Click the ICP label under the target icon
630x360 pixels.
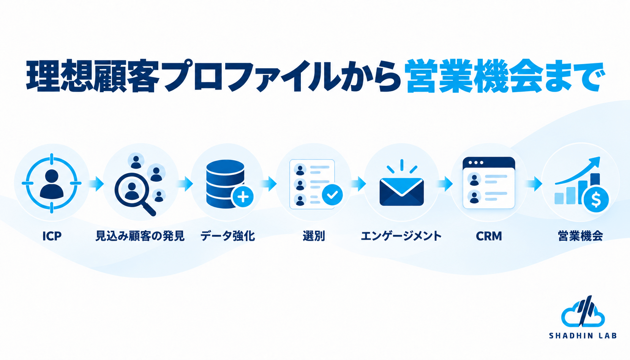[52, 236]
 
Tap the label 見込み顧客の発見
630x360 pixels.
[140, 236]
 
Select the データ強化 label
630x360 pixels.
[227, 236]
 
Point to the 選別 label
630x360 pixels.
[314, 236]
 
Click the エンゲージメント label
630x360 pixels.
[401, 236]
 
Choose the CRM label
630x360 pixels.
[489, 236]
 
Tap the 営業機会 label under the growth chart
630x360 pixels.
[580, 236]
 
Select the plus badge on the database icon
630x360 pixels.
[243, 197]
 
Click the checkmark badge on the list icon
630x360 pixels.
[332, 195]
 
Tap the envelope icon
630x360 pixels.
[402, 191]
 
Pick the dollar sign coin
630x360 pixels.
[596, 200]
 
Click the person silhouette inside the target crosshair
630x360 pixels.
[52, 184]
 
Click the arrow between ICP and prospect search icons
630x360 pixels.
[96, 184]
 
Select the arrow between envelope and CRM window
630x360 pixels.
[445, 184]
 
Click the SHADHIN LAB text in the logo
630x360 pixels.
[583, 336]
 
